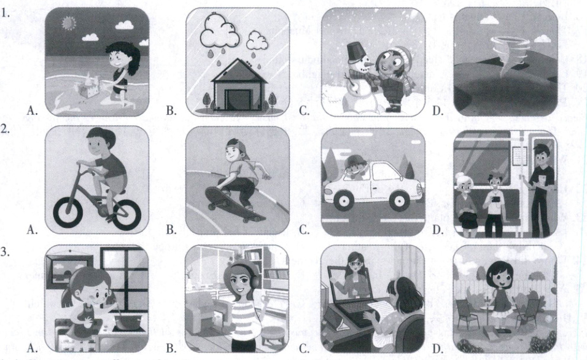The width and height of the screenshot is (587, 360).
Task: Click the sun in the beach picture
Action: point(69,23)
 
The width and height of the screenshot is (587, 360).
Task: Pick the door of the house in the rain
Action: point(238,100)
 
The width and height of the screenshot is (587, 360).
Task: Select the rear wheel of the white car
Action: point(398,200)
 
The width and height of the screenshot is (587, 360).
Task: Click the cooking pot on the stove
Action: point(128,322)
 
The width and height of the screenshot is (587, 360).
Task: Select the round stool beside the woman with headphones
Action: point(273,336)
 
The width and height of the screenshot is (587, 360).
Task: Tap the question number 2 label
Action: point(5,129)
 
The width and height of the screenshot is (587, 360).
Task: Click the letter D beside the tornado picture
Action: point(437,111)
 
